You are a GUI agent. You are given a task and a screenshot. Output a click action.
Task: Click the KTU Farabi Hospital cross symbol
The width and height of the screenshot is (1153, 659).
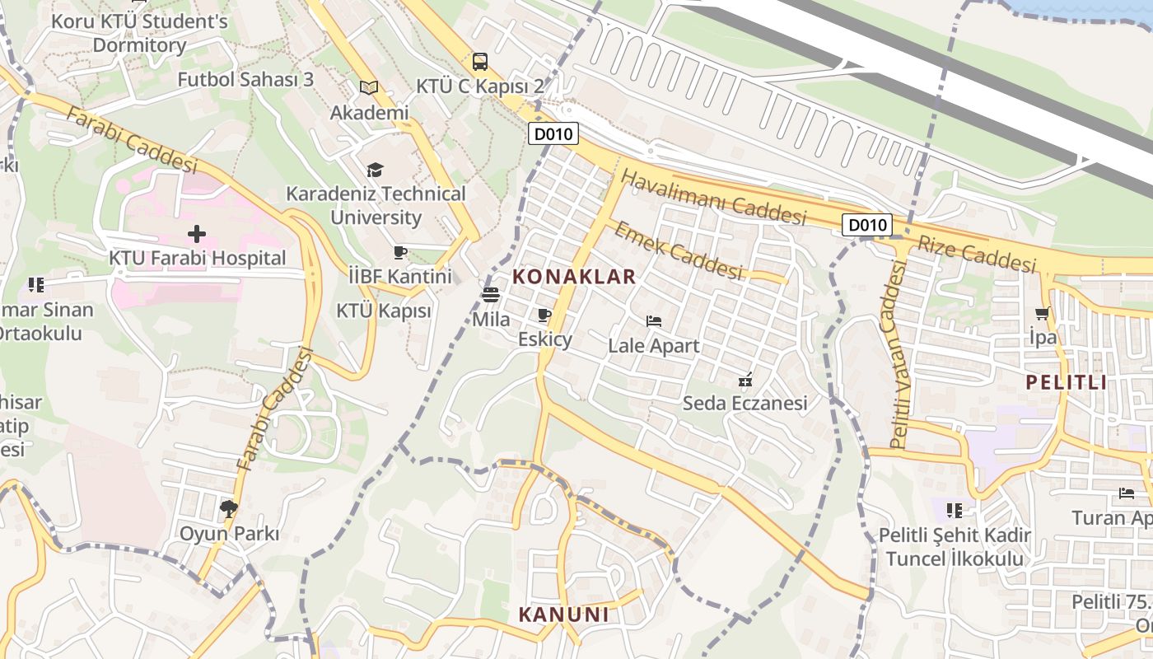tap(196, 234)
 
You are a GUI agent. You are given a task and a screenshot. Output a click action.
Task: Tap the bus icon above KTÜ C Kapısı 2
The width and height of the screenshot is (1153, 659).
tap(479, 62)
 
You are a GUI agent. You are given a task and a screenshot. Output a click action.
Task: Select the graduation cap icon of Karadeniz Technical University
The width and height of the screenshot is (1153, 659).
tap(376, 170)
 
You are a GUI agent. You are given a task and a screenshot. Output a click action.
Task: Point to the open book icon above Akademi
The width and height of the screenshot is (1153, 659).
tap(369, 87)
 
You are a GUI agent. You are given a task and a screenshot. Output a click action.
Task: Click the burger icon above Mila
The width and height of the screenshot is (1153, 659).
tap(491, 295)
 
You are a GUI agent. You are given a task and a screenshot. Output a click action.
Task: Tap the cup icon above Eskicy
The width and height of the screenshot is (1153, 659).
tap(544, 315)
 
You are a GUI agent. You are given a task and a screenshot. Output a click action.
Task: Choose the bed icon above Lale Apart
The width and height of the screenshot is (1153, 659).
tap(654, 321)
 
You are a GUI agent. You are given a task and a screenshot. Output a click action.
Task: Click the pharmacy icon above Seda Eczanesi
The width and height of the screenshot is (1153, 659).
tap(745, 380)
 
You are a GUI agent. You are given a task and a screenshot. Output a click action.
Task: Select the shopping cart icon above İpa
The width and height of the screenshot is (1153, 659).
tap(1042, 313)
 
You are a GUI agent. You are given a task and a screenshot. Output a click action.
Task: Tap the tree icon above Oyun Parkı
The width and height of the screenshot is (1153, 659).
tap(229, 509)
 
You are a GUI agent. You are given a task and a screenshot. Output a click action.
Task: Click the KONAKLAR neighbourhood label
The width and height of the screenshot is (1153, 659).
tap(575, 277)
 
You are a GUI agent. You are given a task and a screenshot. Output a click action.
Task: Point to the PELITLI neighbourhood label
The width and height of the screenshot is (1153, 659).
tap(1067, 382)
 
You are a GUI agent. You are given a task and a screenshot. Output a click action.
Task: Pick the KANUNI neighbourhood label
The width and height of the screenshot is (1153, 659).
tap(564, 615)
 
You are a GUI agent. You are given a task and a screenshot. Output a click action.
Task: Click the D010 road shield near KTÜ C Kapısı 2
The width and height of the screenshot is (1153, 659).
tap(553, 133)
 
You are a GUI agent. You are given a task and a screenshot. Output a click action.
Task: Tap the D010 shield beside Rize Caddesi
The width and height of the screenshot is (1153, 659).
tap(867, 225)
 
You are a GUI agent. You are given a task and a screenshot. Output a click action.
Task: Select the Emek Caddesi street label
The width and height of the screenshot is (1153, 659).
tap(678, 250)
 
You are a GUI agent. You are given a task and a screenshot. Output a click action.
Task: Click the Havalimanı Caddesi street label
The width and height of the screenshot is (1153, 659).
tap(713, 198)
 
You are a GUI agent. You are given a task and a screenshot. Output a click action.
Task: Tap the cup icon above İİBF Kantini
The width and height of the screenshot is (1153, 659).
tap(400, 252)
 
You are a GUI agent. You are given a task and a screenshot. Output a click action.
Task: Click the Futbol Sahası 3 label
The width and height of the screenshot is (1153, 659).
tap(246, 80)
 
